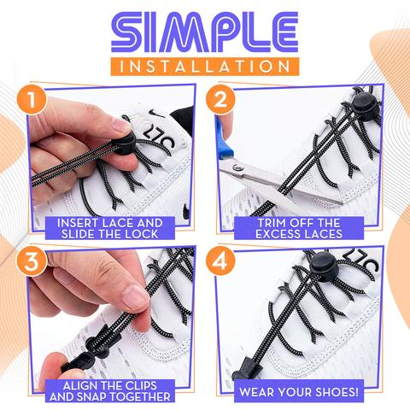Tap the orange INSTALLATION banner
pos(204,66)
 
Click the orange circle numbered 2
pos(221,101)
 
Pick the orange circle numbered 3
pos(32,261)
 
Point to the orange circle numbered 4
pos(221,261)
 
